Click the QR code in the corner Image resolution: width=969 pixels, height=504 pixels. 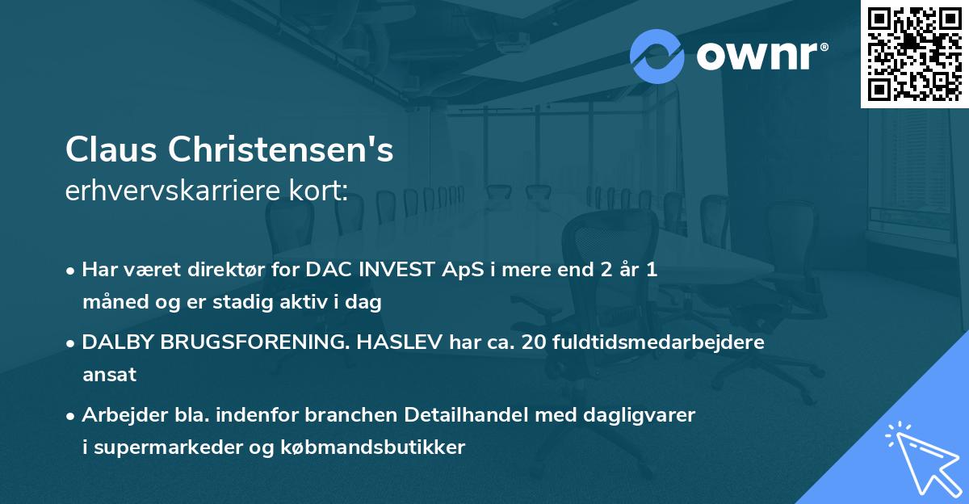pos(914,53)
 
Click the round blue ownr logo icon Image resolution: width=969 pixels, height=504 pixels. pos(657,57)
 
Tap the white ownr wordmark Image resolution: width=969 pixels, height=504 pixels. pos(760,57)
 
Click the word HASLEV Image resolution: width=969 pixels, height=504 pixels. pos(395,342)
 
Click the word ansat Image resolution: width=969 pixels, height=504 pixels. pos(109,375)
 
